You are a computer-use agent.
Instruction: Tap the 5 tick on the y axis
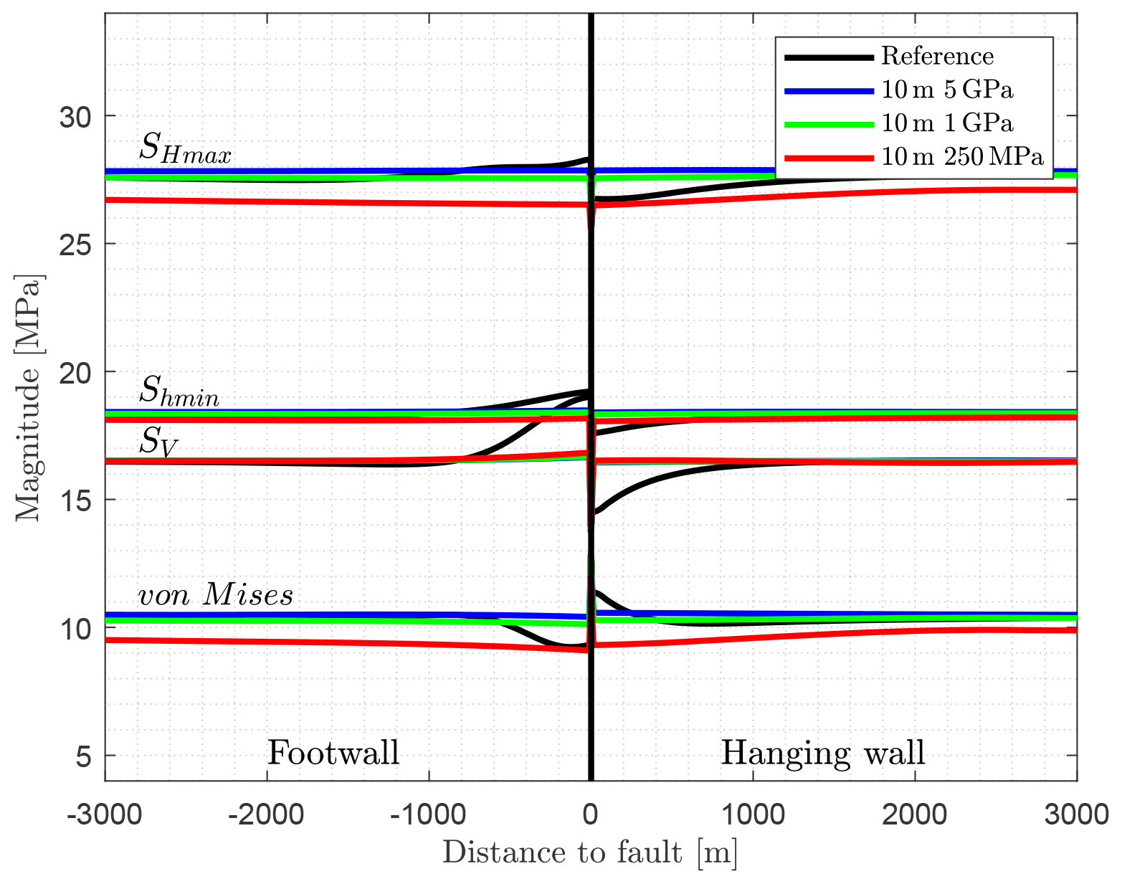(85, 756)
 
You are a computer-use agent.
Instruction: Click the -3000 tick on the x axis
(105, 815)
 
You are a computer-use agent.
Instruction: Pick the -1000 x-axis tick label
(429, 815)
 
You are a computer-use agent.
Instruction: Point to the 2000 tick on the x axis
(915, 815)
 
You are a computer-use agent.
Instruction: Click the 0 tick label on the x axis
(591, 815)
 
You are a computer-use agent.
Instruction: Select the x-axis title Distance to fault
(590, 852)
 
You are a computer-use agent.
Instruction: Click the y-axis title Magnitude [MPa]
(29, 398)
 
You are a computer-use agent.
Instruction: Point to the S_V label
(158, 442)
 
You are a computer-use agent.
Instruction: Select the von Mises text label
(215, 595)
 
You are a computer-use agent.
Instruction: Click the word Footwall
(333, 753)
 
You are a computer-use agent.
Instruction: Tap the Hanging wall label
(822, 753)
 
